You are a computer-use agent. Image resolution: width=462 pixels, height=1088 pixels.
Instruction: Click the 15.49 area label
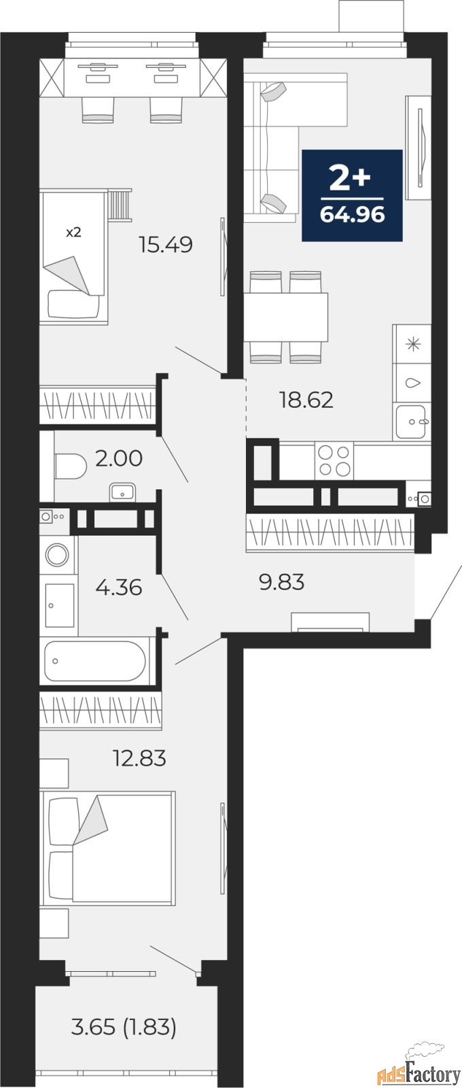pyautogui.click(x=166, y=244)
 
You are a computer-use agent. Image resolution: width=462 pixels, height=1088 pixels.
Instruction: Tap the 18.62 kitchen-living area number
pyautogui.click(x=306, y=400)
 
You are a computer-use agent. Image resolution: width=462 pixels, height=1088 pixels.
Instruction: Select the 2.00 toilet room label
pyautogui.click(x=119, y=458)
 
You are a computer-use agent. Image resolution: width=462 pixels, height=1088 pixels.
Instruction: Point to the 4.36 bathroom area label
pyautogui.click(x=119, y=588)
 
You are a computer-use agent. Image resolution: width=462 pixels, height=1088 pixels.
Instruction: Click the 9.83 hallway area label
pyautogui.click(x=282, y=581)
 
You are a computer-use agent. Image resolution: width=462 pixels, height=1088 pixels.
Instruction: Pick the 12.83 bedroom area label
pyautogui.click(x=139, y=758)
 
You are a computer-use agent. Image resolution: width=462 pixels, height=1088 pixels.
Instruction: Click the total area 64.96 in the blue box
pyautogui.click(x=353, y=214)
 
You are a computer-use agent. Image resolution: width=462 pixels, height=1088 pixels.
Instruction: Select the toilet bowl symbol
pyautogui.click(x=71, y=466)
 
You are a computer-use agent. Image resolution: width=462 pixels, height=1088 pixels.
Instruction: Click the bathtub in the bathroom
pyautogui.click(x=95, y=661)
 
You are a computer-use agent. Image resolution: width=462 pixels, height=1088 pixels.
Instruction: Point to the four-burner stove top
pyautogui.click(x=334, y=460)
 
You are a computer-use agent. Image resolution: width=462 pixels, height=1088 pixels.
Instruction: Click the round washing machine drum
pyautogui.click(x=57, y=554)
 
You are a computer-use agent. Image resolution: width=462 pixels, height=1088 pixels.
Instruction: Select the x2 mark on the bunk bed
pyautogui.click(x=73, y=232)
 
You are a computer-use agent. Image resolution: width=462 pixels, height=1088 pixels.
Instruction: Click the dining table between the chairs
pyautogui.click(x=285, y=317)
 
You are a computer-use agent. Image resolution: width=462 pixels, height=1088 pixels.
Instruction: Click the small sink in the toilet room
pyautogui.click(x=123, y=492)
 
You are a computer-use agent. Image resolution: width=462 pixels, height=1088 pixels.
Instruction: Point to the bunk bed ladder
pyautogui.click(x=120, y=205)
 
